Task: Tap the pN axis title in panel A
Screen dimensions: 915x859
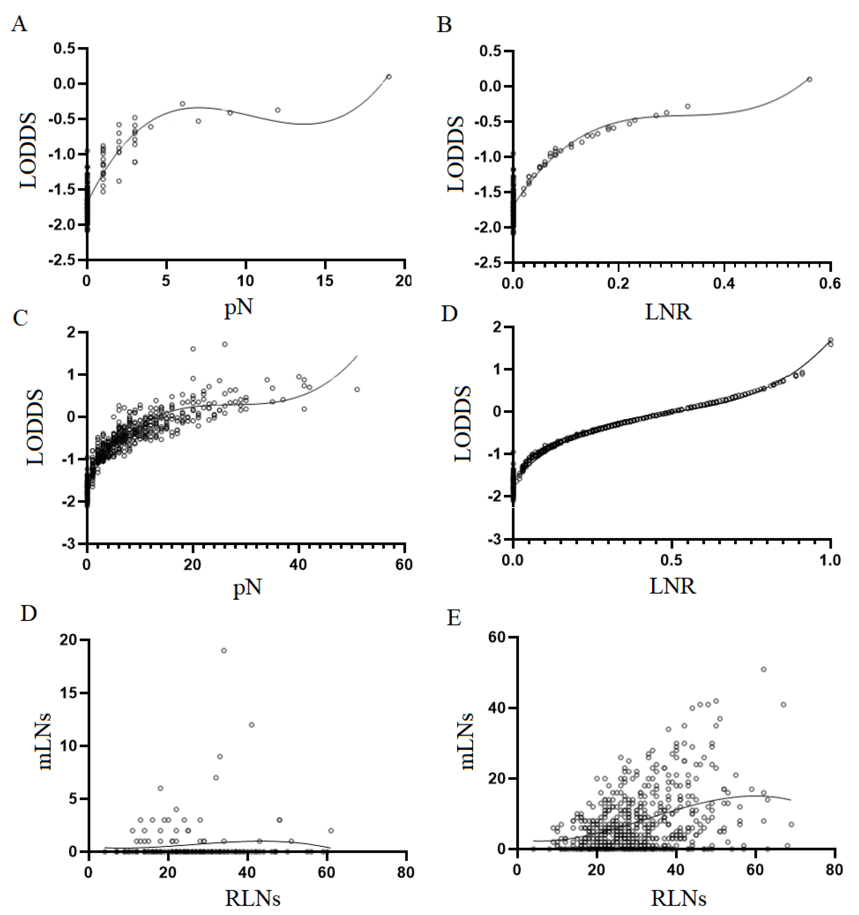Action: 239,308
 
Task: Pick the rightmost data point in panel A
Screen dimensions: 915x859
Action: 389,76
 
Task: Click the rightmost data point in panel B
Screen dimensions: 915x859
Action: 809,79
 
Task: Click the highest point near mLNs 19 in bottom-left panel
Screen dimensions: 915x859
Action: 224,650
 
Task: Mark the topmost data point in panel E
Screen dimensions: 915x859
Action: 763,669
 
